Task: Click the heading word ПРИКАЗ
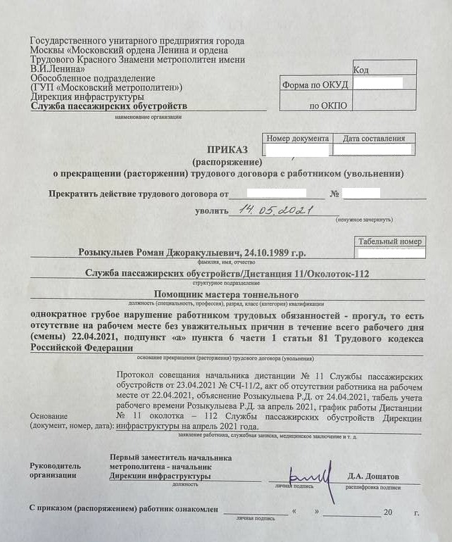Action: pyautogui.click(x=228, y=149)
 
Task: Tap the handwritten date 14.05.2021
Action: pyautogui.click(x=268, y=209)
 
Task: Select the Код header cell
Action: pyautogui.click(x=360, y=70)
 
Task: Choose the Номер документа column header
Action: pyautogui.click(x=298, y=139)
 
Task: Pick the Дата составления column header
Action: pyautogui.click(x=374, y=139)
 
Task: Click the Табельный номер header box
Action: pyautogui.click(x=389, y=241)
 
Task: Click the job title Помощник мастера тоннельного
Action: pyautogui.click(x=226, y=294)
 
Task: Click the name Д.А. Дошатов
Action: pyautogui.click(x=373, y=476)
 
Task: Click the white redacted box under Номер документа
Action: pyautogui.click(x=296, y=150)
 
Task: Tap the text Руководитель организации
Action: pyautogui.click(x=55, y=470)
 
